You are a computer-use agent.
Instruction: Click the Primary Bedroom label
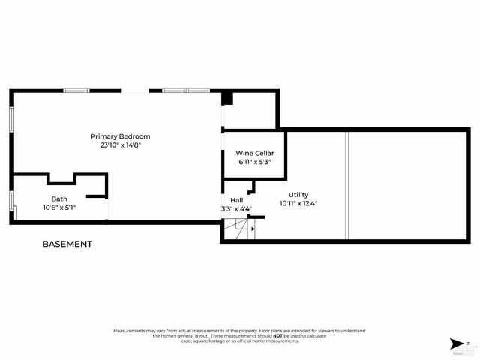[121, 136]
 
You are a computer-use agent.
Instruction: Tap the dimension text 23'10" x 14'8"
[121, 145]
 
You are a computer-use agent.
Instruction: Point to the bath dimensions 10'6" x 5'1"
[59, 207]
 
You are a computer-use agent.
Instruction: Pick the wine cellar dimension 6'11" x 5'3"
[254, 161]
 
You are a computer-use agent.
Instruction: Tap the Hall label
[237, 200]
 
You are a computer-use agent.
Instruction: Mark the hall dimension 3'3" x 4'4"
[237, 209]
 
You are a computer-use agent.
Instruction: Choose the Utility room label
[298, 194]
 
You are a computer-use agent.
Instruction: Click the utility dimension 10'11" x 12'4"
[298, 202]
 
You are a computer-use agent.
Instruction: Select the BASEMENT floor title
[67, 244]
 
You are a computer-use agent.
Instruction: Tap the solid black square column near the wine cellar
[228, 99]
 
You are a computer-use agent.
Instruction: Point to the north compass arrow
[457, 343]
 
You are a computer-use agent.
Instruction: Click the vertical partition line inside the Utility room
[346, 184]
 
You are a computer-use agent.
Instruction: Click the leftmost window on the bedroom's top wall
[76, 91]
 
